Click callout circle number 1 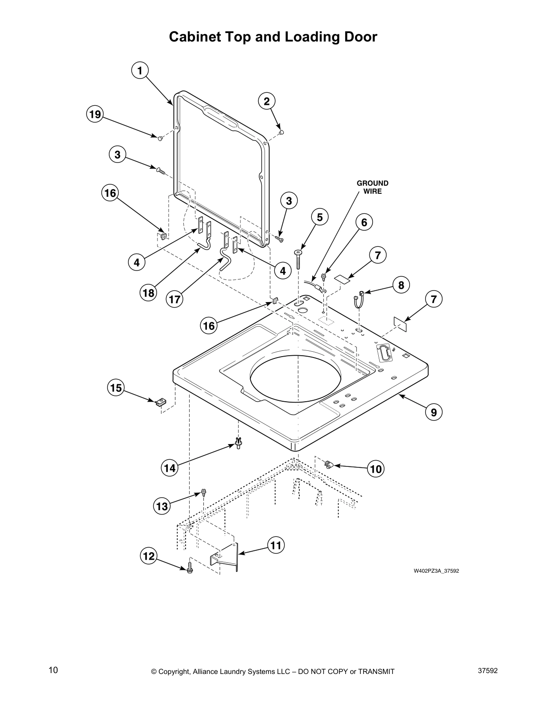140,71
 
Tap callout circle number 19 95,114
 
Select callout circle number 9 433,412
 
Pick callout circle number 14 170,468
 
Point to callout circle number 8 401,285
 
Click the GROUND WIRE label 372,187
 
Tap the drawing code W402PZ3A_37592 435,571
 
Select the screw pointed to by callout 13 204,493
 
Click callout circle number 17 174,299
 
